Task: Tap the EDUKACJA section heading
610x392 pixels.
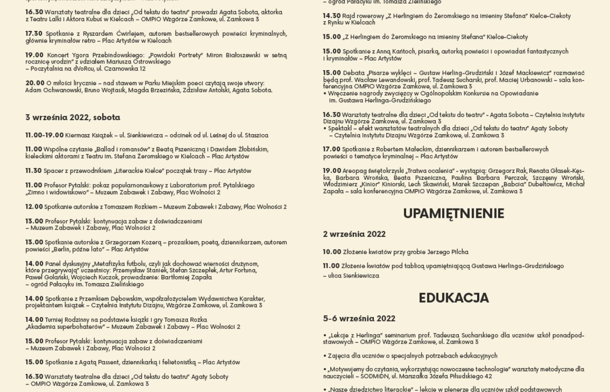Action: click(454, 298)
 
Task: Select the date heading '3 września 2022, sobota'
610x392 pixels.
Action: click(73, 117)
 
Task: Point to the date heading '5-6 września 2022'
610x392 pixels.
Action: click(359, 318)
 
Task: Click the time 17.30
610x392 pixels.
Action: click(34, 34)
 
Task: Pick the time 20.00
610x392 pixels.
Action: click(35, 83)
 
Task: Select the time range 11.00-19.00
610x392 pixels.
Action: click(44, 135)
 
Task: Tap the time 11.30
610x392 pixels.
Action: click(34, 171)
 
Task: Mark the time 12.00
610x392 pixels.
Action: click(34, 206)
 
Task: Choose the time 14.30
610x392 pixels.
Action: click(332, 16)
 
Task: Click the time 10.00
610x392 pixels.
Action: click(332, 252)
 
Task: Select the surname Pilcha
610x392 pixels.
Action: click(458, 252)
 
